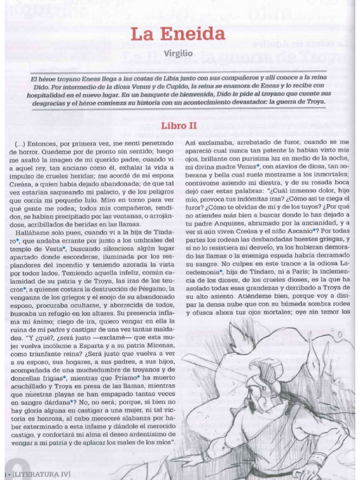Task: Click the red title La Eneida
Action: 178,34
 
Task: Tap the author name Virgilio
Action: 178,53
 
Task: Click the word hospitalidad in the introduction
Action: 50,93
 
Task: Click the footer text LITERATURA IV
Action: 42,474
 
